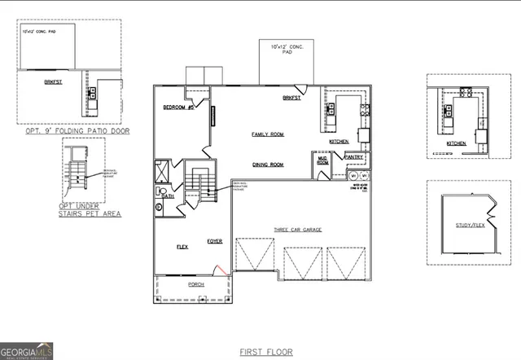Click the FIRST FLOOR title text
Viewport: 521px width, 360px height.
pos(266,352)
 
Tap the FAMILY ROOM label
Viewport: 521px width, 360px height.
pos(266,134)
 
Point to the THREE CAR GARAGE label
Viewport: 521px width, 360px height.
pos(297,230)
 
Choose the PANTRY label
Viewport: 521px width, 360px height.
pos(353,157)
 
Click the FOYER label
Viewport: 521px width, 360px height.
pos(215,241)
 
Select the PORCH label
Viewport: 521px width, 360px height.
pos(196,284)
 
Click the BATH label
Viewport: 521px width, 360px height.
pos(168,196)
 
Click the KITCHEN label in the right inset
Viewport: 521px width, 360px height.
pos(456,143)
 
